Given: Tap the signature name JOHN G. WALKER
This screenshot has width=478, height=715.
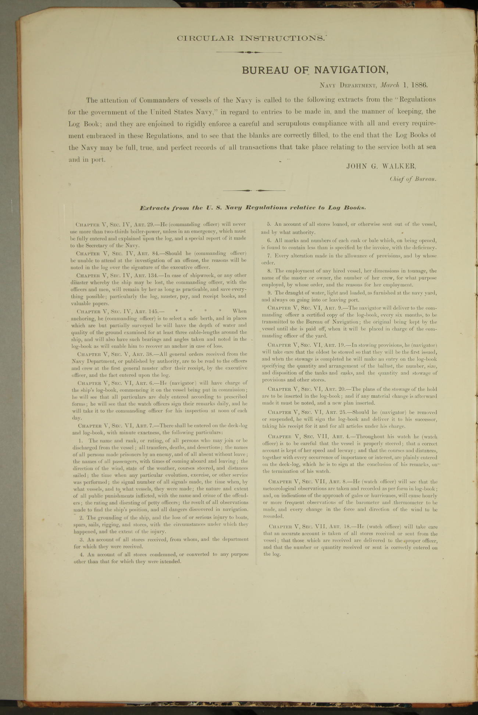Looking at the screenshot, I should [x=381, y=166].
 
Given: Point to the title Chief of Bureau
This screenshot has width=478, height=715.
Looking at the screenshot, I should [x=413, y=179].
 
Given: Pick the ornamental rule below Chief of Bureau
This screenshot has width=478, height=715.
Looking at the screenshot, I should [x=253, y=190].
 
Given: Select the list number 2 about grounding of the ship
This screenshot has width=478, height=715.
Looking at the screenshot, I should [x=81, y=518].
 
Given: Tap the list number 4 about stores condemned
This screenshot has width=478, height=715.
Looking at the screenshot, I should [x=81, y=554].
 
